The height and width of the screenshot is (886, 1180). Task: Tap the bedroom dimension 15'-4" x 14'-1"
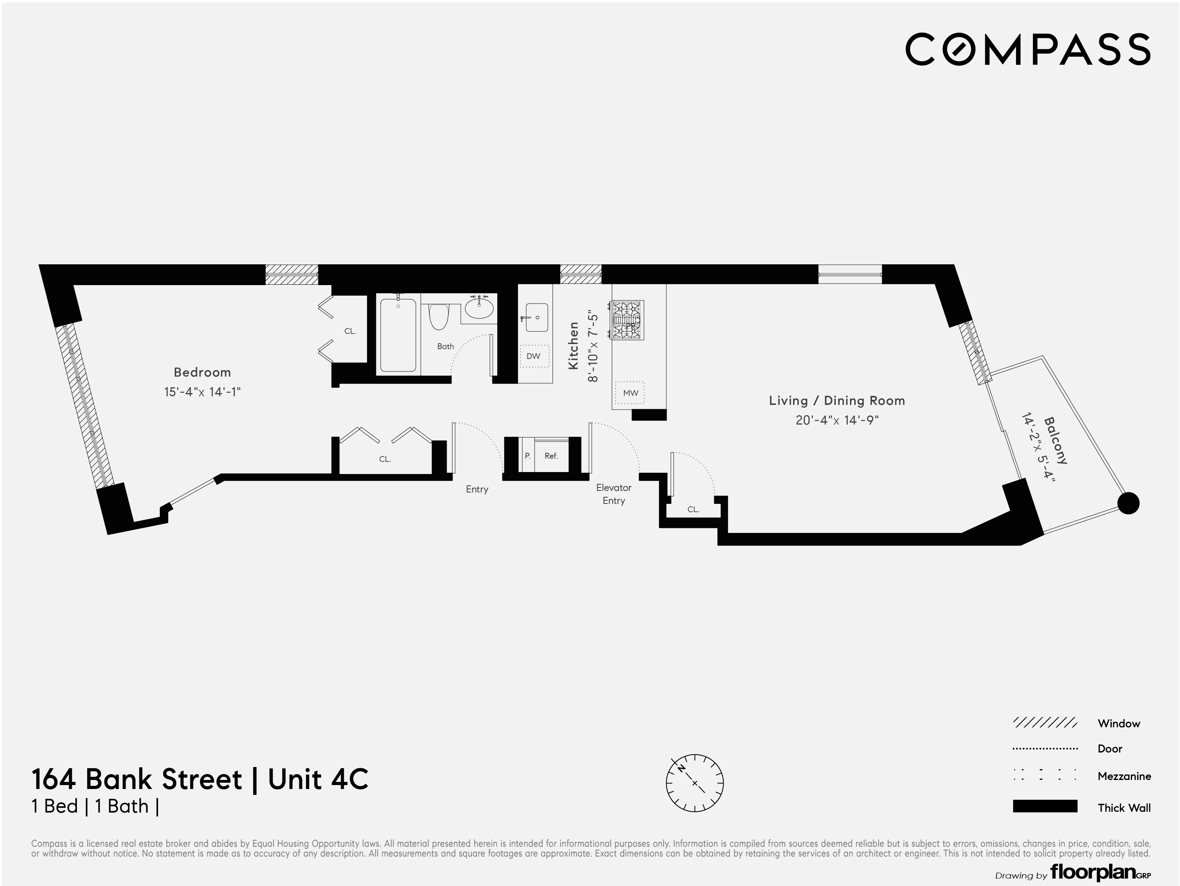202,392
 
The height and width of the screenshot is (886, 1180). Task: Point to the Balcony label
1055,440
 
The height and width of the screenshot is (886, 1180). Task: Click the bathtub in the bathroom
398,335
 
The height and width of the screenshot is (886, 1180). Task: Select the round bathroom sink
479,308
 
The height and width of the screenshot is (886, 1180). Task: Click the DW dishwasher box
533,356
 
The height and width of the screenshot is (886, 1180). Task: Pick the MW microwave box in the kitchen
630,393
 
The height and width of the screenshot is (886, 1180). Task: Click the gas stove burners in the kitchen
627,320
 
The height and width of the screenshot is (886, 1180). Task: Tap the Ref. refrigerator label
551,456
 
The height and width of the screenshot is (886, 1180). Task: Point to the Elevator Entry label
613,494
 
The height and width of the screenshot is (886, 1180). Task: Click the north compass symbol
695,783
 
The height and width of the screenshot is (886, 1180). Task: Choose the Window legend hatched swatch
1045,723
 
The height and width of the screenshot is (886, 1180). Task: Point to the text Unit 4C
318,779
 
